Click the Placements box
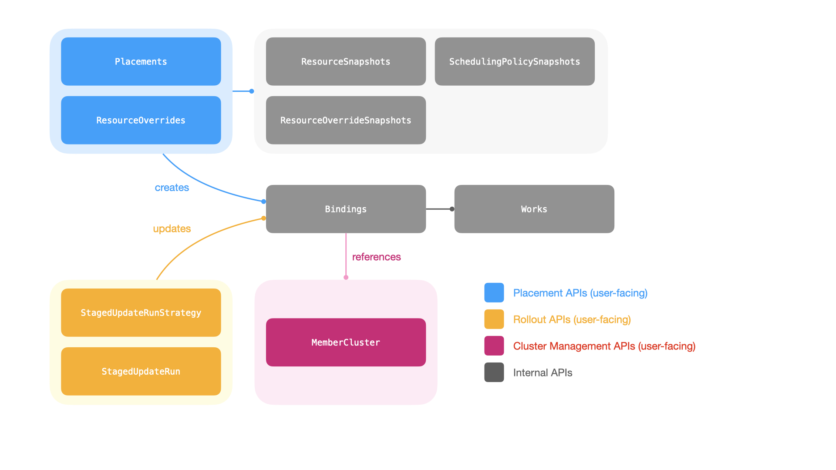[x=141, y=61]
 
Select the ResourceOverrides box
[x=141, y=120]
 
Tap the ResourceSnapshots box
[x=346, y=61]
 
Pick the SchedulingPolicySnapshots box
[x=514, y=61]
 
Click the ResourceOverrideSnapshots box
[x=346, y=120]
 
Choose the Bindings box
[x=346, y=209]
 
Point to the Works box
[x=534, y=209]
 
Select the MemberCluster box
[x=346, y=342]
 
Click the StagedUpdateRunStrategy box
[x=141, y=312]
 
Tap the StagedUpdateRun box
[x=141, y=371]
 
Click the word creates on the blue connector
[x=172, y=188]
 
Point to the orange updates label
[x=172, y=228]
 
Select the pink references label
[x=376, y=257]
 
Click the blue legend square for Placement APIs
[x=494, y=292]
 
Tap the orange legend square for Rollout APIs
[x=494, y=319]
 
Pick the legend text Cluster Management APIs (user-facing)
[x=604, y=346]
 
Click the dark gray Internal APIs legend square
[x=494, y=372]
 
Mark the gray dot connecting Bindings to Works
[x=452, y=209]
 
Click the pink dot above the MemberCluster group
[x=346, y=277]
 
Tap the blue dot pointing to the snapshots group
[x=252, y=91]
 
